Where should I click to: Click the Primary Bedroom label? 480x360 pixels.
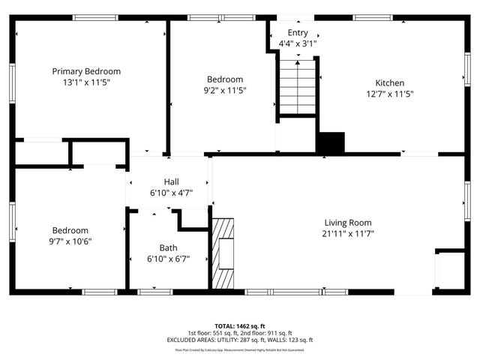pos(86,71)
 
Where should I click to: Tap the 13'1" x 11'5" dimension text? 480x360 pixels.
pos(86,82)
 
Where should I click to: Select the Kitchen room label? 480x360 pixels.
pos(390,82)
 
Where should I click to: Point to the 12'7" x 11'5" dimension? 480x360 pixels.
pos(390,94)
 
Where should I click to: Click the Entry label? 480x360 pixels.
pos(298,32)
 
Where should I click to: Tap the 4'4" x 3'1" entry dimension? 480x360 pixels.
pos(298,43)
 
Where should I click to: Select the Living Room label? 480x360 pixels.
pos(347,222)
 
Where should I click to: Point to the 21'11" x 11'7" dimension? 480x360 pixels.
pos(347,233)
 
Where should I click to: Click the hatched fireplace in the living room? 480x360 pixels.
pos(223,253)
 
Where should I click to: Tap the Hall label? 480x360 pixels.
pos(172,181)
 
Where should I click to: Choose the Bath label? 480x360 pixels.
pos(168,247)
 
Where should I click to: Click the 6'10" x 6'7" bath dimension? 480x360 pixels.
pos(168,259)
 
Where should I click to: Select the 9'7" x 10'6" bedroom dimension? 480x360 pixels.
pos(70,241)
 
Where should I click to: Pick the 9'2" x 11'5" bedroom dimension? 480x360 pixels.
pos(225,90)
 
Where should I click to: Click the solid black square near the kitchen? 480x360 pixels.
pos(330,142)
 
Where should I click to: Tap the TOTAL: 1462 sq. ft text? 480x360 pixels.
pos(240,326)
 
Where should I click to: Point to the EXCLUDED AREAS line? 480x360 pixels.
pos(240,340)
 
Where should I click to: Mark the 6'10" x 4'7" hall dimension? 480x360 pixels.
pos(172,193)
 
